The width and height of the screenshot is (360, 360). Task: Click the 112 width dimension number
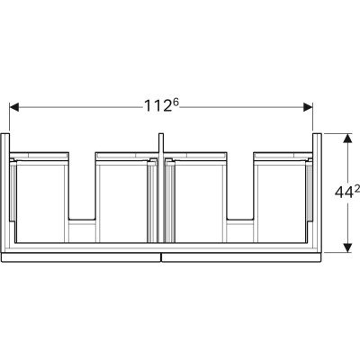click(x=157, y=106)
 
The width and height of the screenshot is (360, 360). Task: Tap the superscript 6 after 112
click(x=175, y=103)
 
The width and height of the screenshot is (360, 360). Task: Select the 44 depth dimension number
click(x=344, y=193)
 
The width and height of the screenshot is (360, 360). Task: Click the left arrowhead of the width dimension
click(x=14, y=107)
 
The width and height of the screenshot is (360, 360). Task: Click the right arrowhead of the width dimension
click(x=308, y=107)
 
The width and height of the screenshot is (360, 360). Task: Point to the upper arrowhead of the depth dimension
click(x=347, y=139)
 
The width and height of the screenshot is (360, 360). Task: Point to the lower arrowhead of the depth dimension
click(x=347, y=247)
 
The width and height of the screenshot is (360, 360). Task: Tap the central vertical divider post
click(x=161, y=187)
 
